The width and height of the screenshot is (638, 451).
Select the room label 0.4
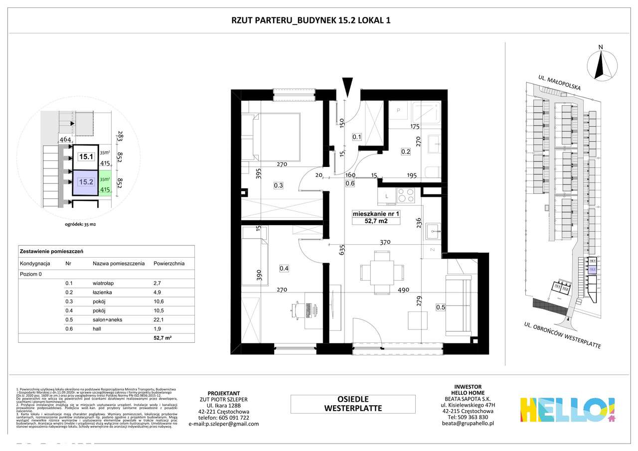tap(284, 269)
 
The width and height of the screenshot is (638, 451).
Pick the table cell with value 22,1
tap(159, 319)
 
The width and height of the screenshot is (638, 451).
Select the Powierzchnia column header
tap(169, 263)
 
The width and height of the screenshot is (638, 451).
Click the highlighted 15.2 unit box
tap(86, 182)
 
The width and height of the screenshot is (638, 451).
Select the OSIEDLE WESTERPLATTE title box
tap(353, 404)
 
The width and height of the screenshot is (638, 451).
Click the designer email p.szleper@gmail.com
tap(224, 424)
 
